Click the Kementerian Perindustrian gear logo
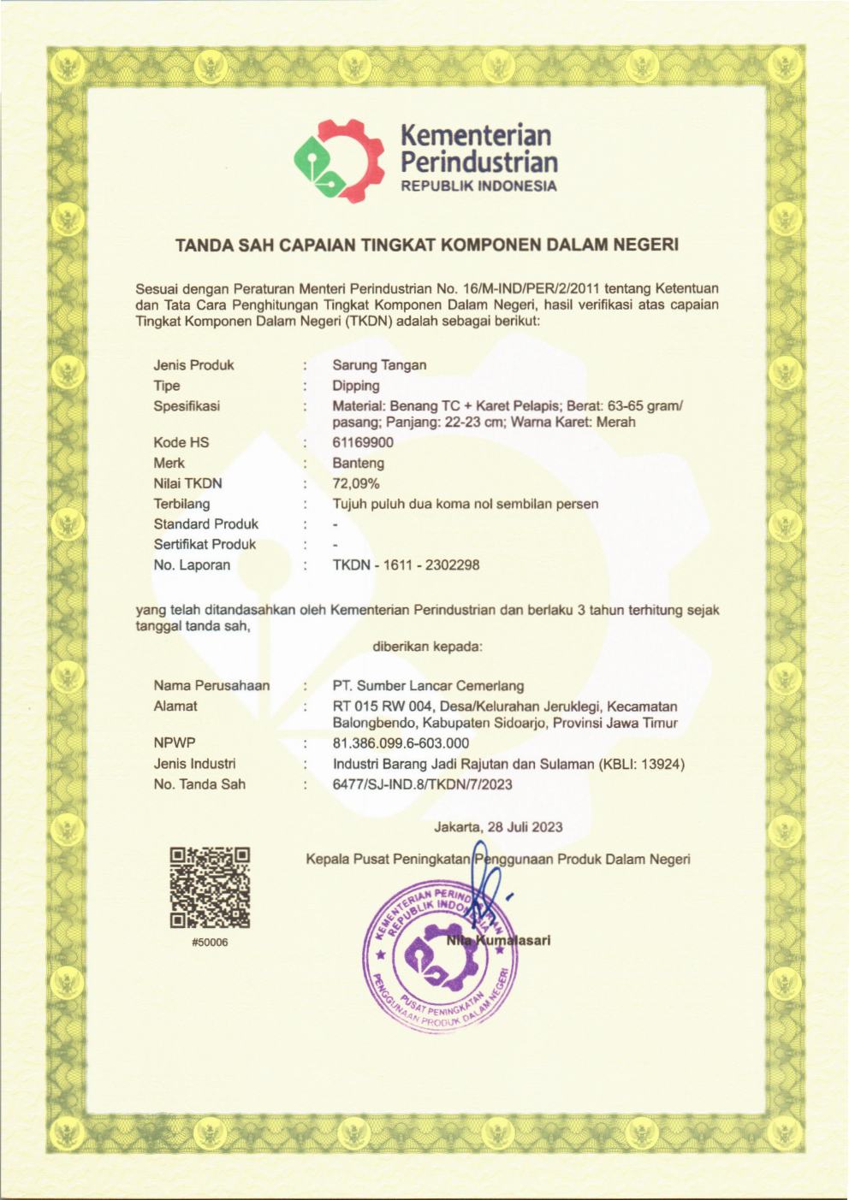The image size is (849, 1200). point(336,160)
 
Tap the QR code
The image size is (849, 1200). point(210,887)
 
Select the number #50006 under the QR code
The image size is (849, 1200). point(210,943)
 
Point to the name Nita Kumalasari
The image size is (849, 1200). point(498,940)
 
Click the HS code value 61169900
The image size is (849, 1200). point(363,442)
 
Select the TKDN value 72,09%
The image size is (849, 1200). point(356,483)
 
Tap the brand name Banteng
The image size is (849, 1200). point(358,463)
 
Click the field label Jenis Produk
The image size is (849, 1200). point(193,365)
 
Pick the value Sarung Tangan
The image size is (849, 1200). point(379,365)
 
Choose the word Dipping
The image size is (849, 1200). point(356,386)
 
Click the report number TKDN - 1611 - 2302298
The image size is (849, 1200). point(406,565)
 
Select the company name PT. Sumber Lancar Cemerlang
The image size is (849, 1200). point(428,685)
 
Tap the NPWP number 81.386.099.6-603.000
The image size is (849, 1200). point(401,743)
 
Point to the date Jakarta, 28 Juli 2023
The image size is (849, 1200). point(498,827)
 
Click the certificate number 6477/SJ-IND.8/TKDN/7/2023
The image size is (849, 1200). point(422,784)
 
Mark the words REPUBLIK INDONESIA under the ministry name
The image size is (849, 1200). point(478,186)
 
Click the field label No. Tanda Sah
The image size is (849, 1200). point(199,784)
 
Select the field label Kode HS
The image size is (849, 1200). point(181,442)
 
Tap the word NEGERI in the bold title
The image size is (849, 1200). point(646,245)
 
